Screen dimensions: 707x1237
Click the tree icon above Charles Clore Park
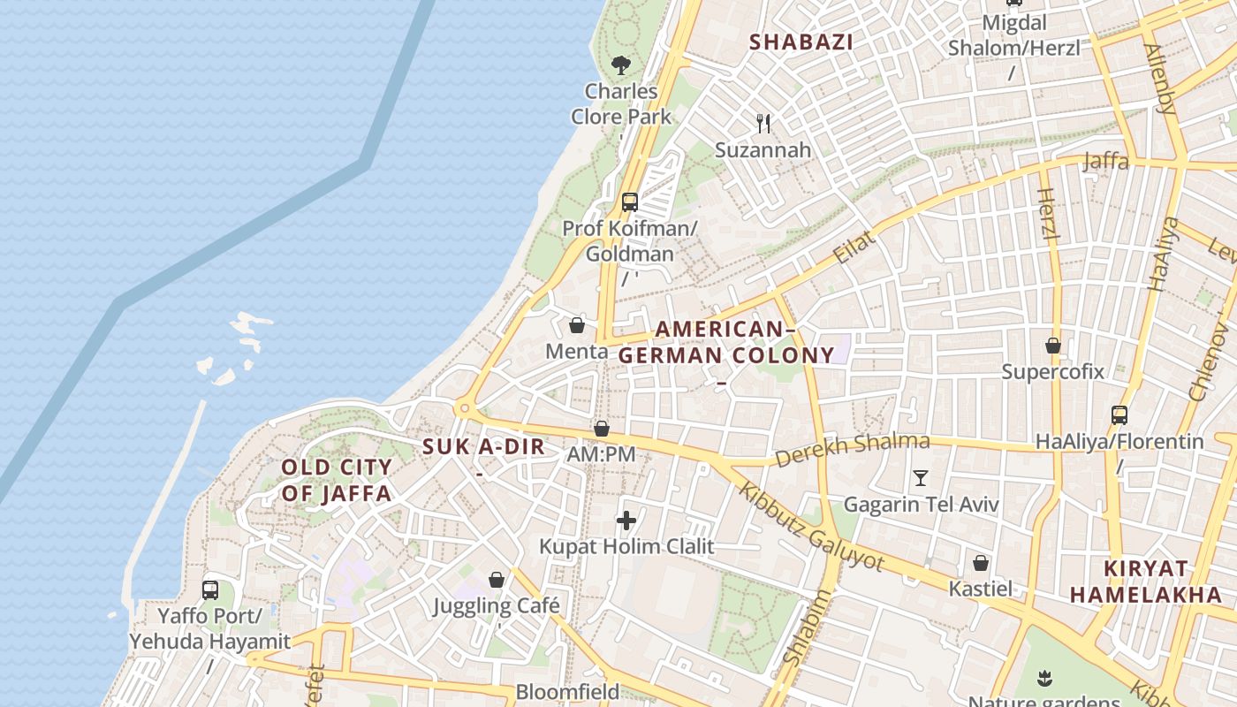(x=621, y=65)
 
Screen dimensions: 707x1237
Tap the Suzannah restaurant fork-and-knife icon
(x=764, y=124)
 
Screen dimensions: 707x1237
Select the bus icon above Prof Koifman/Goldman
(x=629, y=201)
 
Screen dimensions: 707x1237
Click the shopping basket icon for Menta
(x=577, y=325)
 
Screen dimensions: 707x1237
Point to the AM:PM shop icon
(x=602, y=429)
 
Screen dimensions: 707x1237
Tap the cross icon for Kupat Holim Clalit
(x=626, y=520)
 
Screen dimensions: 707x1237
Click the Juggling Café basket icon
(x=497, y=580)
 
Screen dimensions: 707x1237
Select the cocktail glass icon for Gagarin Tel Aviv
(x=921, y=478)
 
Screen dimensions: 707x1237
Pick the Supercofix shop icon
(x=1052, y=345)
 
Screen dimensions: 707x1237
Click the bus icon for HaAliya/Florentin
(x=1119, y=414)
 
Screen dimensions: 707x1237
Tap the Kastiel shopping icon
(x=981, y=563)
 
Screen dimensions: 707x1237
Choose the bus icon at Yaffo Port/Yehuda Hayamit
(x=210, y=589)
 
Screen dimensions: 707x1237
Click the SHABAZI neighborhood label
(x=801, y=42)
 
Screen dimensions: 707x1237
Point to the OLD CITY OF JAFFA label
(x=337, y=480)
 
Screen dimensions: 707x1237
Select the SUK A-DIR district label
(x=483, y=447)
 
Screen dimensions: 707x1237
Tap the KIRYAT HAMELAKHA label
(x=1146, y=582)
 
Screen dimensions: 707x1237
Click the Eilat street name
(x=854, y=247)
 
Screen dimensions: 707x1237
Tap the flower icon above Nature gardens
(x=1044, y=678)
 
